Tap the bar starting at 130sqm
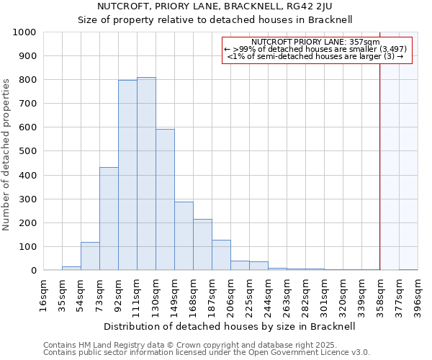coord(165,199)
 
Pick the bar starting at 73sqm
coord(109,219)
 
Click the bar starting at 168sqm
coord(202,245)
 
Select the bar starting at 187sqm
coord(221,255)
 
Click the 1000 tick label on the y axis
coord(24,32)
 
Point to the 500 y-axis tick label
coord(27,151)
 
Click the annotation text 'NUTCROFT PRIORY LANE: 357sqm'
coord(317,42)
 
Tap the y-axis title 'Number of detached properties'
coord(7,151)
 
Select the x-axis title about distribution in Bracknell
coord(230,326)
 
